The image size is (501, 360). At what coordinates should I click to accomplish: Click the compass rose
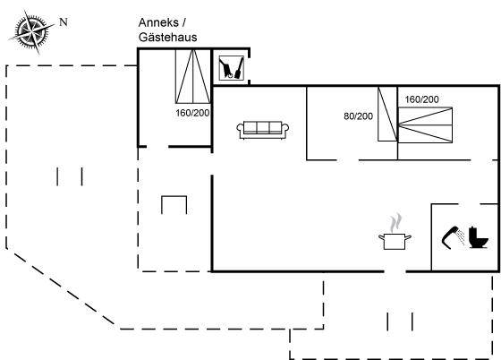point(31,31)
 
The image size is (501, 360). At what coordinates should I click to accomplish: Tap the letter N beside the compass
point(64,22)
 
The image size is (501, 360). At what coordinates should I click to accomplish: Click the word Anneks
point(158,22)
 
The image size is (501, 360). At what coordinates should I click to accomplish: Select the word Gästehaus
point(168,38)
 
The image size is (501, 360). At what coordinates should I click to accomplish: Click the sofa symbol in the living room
point(263,130)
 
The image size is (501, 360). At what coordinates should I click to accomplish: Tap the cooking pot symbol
point(395,241)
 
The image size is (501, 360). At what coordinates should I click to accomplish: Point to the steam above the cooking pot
point(395,222)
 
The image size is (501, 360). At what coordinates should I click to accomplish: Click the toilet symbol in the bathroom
point(479,237)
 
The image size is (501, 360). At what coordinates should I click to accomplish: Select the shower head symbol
point(453,237)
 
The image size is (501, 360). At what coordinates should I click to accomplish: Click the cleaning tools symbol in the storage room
point(232,67)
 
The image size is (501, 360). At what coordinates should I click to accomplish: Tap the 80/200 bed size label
point(358,116)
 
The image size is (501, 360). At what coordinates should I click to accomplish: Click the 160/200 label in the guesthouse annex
point(192,113)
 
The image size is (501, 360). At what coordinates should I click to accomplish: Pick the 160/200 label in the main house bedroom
point(421,99)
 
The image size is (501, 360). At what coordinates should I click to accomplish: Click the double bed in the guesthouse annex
point(193,76)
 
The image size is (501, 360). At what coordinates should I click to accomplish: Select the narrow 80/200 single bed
point(387,114)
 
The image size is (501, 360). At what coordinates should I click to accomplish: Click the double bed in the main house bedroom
point(425,125)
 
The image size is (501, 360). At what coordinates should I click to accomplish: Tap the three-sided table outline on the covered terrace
point(174,196)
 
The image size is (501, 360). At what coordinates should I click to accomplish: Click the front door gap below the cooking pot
point(395,271)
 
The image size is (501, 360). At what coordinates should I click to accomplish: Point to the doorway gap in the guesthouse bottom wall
point(157,147)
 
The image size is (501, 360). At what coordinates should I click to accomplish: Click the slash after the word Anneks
point(183,23)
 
